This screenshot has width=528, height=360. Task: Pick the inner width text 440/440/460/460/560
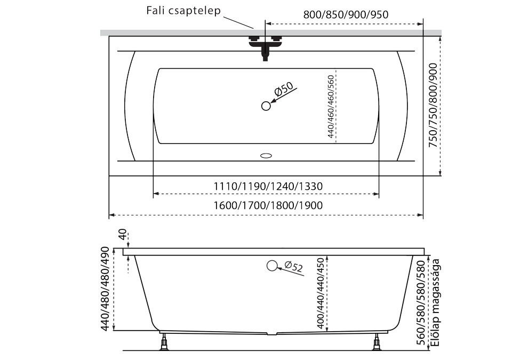click(331, 107)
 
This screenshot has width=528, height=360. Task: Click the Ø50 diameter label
click(283, 90)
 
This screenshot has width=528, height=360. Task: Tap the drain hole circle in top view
click(266, 106)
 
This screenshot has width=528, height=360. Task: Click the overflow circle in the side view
click(272, 266)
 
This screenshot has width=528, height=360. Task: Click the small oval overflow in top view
click(266, 156)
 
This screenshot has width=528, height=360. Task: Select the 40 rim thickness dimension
click(123, 235)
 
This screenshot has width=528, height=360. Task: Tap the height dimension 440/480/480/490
click(105, 288)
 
